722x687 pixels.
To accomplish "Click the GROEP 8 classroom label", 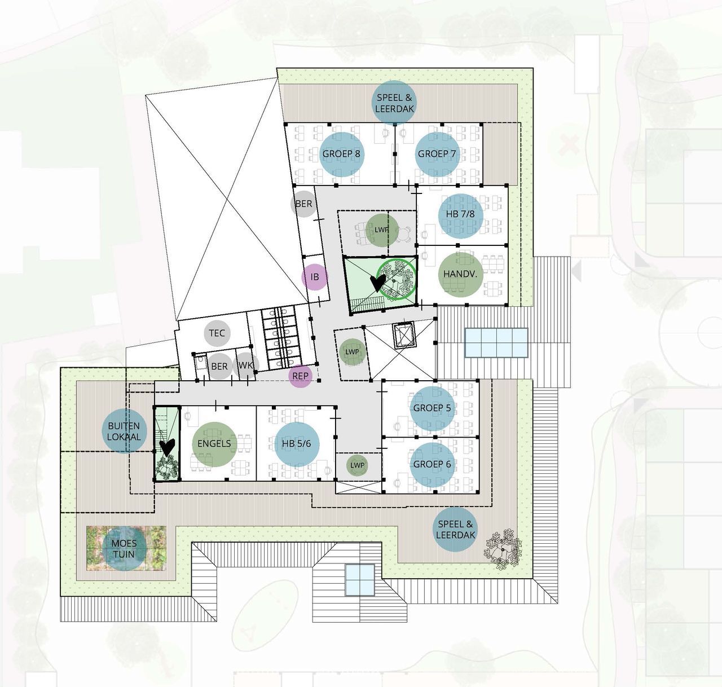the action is pos(341,154).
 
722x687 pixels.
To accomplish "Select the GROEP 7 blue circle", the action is pos(437,154).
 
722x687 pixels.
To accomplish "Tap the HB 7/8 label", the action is pos(460,214).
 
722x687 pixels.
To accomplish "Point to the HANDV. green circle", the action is pos(460,274).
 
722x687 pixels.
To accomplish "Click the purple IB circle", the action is pos(315,277).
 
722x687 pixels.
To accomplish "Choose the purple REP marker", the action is pos(301,376).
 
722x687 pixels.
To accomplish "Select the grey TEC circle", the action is pos(217,333).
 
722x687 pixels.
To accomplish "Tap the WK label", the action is pos(245,365).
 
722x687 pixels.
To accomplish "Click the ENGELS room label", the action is pos(214,443).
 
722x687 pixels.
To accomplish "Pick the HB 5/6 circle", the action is pos(297,444).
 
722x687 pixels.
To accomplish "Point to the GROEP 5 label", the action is pos(432,408).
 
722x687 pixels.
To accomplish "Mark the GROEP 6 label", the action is pos(432,464).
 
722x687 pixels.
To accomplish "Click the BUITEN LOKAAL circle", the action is pos(124,431).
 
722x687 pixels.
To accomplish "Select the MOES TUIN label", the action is pos(124,548).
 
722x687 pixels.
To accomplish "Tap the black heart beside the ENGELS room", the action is pos(168,447).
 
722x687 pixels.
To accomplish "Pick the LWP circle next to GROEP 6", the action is pos(357,465).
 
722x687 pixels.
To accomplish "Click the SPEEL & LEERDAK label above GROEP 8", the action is pos(394,103).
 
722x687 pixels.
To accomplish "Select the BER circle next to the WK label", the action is pos(219,367).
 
